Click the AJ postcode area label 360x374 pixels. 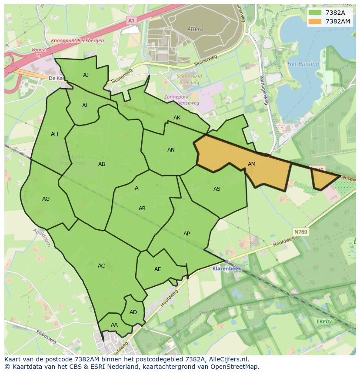click(86, 75)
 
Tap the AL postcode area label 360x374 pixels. click(85, 106)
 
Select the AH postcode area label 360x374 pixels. click(54, 134)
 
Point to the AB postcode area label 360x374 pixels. click(102, 164)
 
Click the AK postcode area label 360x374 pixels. click(177, 118)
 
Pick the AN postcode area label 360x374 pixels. click(171, 150)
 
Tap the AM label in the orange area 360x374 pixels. click(252, 164)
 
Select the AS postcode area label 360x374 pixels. click(217, 189)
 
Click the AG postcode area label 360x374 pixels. click(46, 199)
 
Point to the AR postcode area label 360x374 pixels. click(142, 209)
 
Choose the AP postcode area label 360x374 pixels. click(187, 234)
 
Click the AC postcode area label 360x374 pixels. click(101, 266)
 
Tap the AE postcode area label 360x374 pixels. click(158, 269)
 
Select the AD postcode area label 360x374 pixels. click(133, 312)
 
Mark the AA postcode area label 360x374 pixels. click(114, 325)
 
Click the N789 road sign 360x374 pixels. click(300, 232)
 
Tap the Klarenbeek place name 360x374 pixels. click(227, 268)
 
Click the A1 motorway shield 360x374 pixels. click(131, 20)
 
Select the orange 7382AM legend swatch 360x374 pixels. click(315, 21)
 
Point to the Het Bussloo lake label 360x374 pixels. click(303, 64)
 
